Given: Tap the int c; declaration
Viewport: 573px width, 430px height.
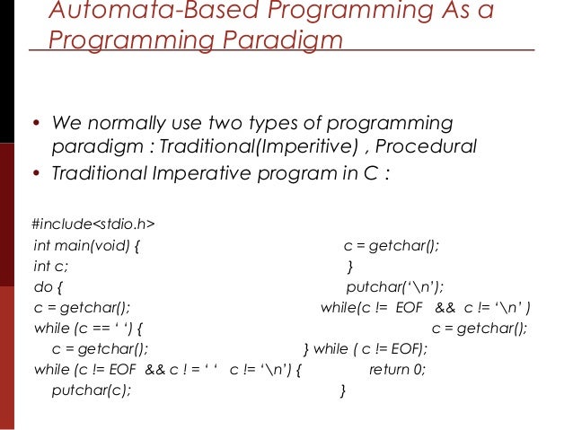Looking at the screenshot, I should coord(50,267).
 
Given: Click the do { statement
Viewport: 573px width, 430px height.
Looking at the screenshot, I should coord(48,287).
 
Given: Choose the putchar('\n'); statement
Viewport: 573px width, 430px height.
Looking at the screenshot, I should coord(395,287).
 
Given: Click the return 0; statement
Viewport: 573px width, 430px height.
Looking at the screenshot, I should coord(397,369).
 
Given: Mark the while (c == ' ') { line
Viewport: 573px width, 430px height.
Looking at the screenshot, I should coord(88,329).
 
